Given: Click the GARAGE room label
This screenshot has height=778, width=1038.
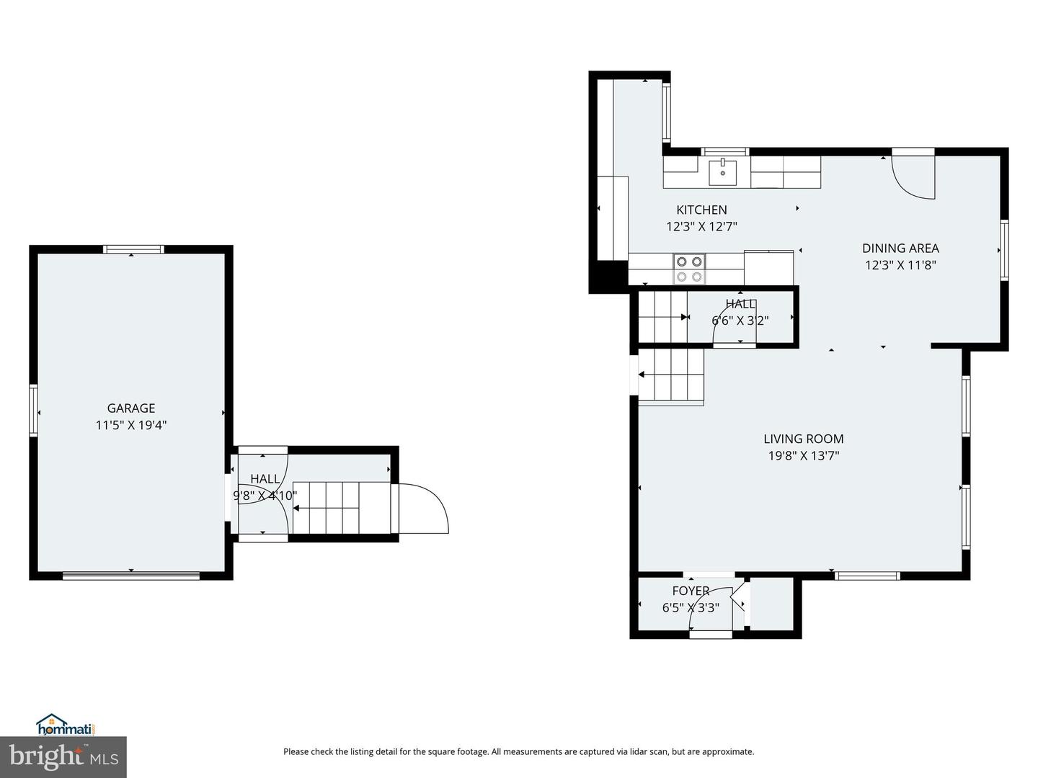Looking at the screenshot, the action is pos(131,408).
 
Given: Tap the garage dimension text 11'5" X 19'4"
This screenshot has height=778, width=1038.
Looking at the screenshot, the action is pos(131,425).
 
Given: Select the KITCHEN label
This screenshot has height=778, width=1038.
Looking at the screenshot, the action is pos(701,210).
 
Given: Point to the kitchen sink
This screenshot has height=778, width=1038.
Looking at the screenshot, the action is pos(722,172).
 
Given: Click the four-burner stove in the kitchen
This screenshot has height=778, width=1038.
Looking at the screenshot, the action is pos(689,269).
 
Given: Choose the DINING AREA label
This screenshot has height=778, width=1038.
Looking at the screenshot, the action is pos(900,248).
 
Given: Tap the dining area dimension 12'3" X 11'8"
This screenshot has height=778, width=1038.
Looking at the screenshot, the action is pos(900,265).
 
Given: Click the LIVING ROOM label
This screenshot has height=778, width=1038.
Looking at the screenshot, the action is pos(804,439).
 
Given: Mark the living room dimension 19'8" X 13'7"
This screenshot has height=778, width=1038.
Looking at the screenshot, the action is pos(804,456).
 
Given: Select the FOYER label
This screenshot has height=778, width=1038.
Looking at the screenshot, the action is pos(691,591).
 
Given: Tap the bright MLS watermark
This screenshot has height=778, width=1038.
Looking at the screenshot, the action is pos(63,758).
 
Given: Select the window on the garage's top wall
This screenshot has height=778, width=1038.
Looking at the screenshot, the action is pos(134,249).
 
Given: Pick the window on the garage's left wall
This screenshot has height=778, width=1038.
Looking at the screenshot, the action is pos(34,410).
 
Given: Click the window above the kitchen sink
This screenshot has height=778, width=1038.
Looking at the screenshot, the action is pos(724,151).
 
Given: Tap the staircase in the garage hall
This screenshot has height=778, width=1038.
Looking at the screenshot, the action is pos(342,508).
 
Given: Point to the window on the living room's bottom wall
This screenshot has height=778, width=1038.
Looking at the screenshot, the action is pos(867,576).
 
